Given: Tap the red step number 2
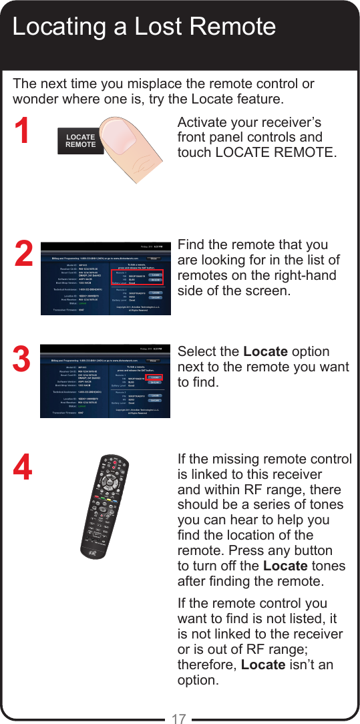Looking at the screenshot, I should (x=23, y=254).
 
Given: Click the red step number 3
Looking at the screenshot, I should (x=22, y=360).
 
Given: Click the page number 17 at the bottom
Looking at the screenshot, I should (x=178, y=719).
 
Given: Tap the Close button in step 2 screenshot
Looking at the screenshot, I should (x=154, y=257).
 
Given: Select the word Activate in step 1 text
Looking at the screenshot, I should (x=204, y=122).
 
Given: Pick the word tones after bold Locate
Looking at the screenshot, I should (x=328, y=566).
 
